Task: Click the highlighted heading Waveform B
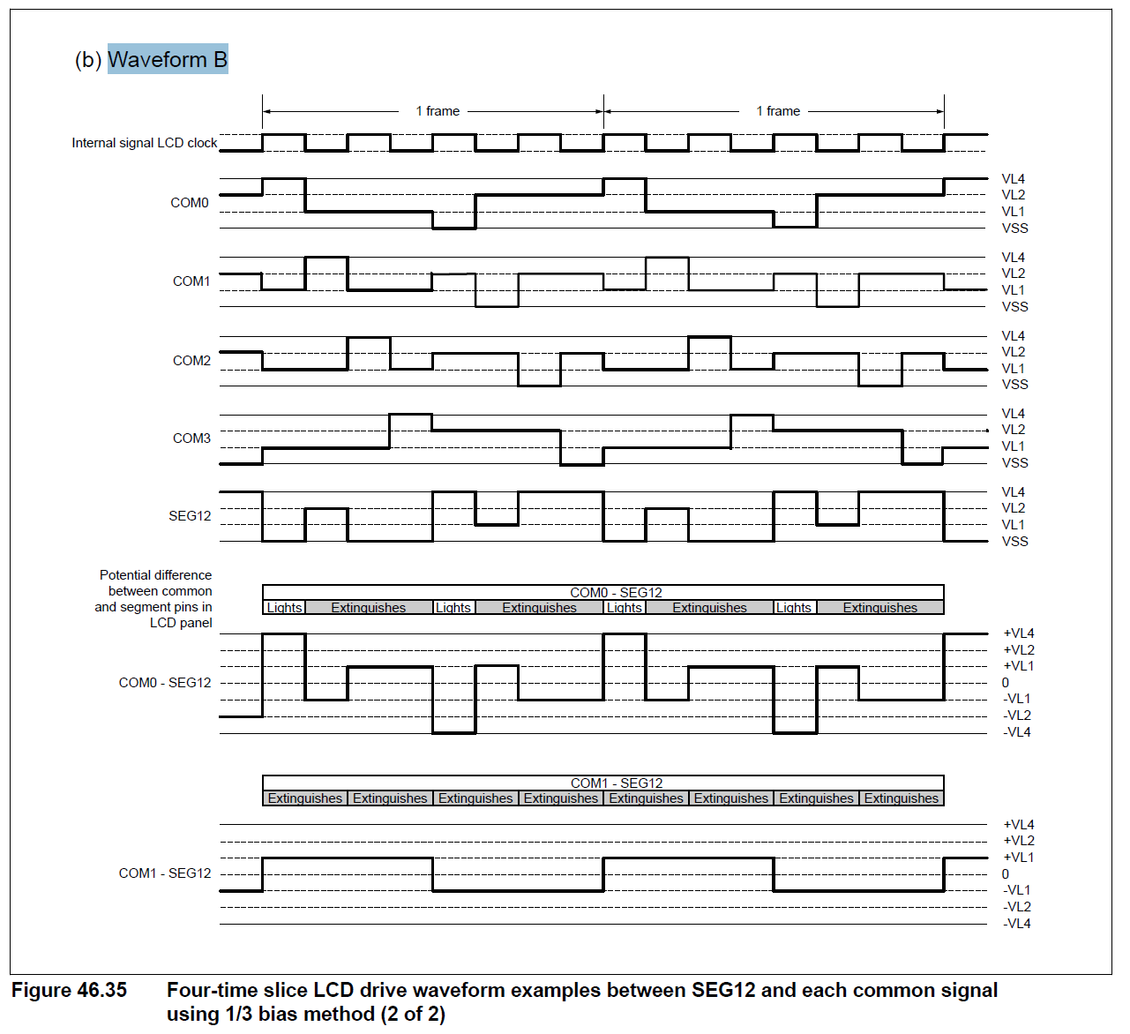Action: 168,59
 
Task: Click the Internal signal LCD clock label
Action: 145,143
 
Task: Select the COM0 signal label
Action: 190,203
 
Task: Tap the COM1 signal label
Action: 191,281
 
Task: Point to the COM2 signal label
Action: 191,361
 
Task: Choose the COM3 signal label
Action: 191,438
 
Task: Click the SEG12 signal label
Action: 190,516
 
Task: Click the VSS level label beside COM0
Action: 1014,229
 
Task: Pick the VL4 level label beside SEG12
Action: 1013,492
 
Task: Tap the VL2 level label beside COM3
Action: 1013,430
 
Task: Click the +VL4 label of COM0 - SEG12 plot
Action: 1019,633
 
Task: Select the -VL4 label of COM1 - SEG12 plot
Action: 1017,924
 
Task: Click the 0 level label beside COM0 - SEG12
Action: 1005,683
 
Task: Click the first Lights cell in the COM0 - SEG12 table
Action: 284,608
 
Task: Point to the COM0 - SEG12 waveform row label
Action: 165,683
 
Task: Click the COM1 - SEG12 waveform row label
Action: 165,873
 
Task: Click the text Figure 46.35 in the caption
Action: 69,991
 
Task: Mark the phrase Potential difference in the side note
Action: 155,575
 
